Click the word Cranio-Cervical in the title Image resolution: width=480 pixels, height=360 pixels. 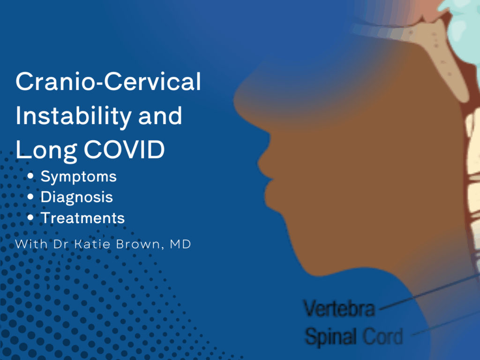108,82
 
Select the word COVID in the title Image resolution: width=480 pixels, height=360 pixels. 124,150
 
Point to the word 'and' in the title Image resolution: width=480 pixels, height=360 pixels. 160,116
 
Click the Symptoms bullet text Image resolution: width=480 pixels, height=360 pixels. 79,177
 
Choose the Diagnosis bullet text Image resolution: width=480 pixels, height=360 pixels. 77,197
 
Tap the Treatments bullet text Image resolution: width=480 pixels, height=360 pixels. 83,218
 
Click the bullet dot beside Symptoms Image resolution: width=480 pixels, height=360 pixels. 30,176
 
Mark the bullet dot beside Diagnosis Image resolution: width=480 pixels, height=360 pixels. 30,197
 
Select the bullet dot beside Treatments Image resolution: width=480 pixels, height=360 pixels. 30,217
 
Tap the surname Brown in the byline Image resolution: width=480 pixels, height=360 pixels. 138,244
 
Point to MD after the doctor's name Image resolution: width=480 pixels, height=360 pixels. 180,244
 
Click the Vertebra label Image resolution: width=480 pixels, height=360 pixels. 339,308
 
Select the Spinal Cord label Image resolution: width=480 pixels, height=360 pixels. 354,336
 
